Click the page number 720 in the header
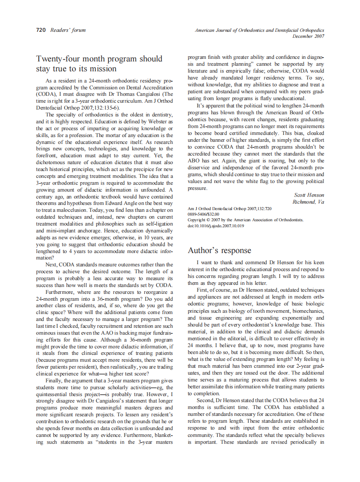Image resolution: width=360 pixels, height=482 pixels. point(41,30)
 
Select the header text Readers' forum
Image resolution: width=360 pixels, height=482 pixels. point(68,30)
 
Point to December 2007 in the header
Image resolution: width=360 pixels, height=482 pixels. point(308,36)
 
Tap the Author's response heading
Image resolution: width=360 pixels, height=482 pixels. point(219,250)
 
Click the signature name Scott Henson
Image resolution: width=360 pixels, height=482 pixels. point(309,195)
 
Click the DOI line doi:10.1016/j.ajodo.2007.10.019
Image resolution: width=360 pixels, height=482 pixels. point(216,226)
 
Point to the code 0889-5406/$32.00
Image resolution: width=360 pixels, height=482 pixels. point(204,214)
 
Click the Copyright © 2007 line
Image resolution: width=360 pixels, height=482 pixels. point(245,220)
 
